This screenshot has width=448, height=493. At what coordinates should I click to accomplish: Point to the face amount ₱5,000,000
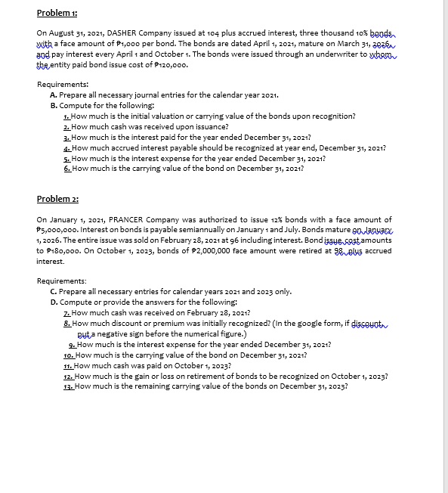[61, 229]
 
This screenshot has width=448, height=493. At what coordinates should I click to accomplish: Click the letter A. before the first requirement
[53, 96]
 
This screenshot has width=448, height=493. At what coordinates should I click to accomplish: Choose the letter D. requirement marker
[53, 302]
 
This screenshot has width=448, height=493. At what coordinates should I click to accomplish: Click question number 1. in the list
[67, 116]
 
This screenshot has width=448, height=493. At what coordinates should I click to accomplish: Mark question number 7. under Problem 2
[67, 312]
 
